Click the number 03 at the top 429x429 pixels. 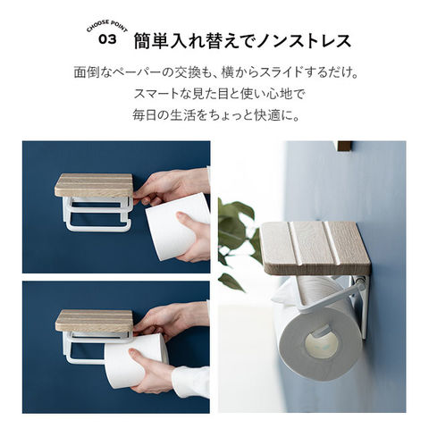[x=107, y=39]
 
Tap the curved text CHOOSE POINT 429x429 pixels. [x=107, y=25]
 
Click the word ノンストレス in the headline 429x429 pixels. [x=304, y=41]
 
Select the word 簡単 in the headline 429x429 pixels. [x=152, y=41]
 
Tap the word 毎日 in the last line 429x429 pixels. [x=144, y=115]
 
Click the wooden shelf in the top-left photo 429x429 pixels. [x=94, y=185]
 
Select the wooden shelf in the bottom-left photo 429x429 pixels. [x=94, y=321]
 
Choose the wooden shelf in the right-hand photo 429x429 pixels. [x=315, y=248]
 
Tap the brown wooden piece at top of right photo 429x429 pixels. [x=345, y=146]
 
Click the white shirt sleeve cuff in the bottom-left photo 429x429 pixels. [x=191, y=382]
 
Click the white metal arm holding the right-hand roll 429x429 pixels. [x=331, y=298]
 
